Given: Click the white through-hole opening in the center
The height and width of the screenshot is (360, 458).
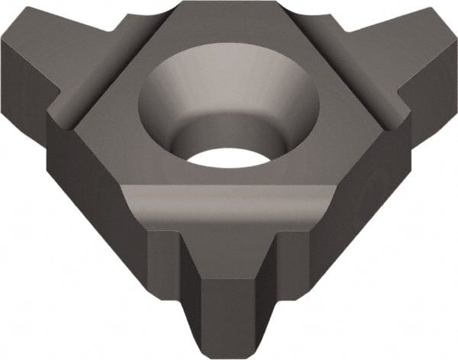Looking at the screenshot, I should tap(229, 156).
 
